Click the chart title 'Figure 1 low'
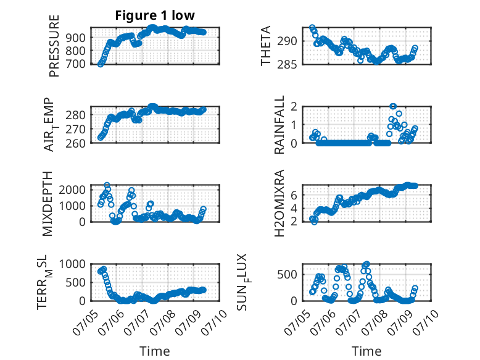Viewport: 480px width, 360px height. coord(155,15)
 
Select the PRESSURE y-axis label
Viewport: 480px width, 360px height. coord(54,46)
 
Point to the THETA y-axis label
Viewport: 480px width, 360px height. coord(266,46)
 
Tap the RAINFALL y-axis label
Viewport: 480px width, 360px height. coord(279,125)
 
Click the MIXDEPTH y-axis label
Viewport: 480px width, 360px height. coord(48,204)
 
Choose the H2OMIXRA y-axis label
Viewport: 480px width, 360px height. coord(279,203)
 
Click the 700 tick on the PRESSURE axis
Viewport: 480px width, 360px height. coord(75,64)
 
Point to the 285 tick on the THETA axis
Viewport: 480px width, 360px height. coord(287,65)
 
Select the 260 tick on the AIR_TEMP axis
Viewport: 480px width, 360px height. coord(75,143)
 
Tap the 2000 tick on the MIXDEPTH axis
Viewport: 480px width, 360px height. coord(72,190)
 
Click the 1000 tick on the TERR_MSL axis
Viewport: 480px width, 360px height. coord(72,264)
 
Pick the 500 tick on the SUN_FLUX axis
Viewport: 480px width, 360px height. coord(287,274)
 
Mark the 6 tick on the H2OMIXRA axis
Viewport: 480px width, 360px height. coord(294,195)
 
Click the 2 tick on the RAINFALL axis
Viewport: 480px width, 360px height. coord(294,107)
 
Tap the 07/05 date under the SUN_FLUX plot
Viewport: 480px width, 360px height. coord(296,322)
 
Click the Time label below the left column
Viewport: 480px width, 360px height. coord(155,351)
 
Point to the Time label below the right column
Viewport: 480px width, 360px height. coord(366,351)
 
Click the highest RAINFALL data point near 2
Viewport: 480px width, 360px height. coord(393,107)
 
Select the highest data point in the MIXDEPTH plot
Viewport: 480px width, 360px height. coord(107,185)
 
